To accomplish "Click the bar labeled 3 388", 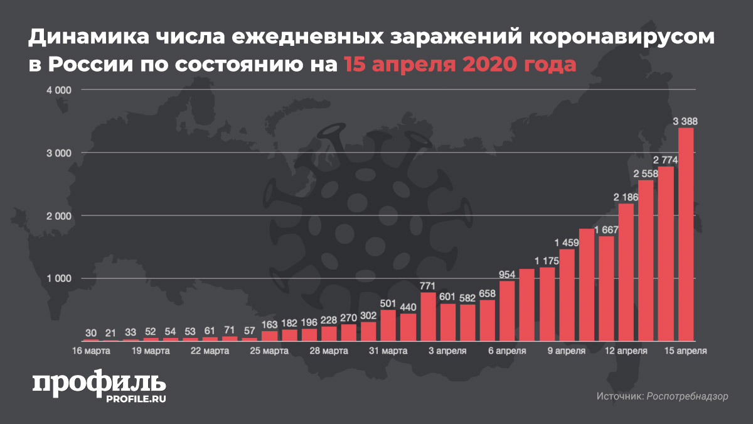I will tap(686, 234).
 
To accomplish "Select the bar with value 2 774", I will tap(666, 253).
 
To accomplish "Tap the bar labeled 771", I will tap(429, 316).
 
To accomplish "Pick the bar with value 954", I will tap(507, 310).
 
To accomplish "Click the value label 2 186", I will tap(626, 197).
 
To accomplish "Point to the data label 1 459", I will tap(567, 242).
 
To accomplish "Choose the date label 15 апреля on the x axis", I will tap(686, 351).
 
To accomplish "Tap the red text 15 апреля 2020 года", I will tap(459, 64).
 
